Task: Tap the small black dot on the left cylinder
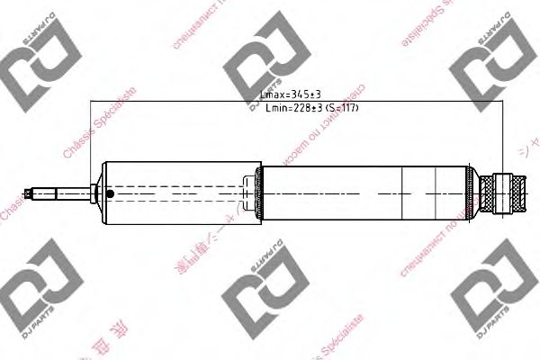[110, 193]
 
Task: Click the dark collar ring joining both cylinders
[260, 193]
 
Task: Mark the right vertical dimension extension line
[500, 135]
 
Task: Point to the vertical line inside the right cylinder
[438, 193]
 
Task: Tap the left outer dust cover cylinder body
[180, 193]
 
